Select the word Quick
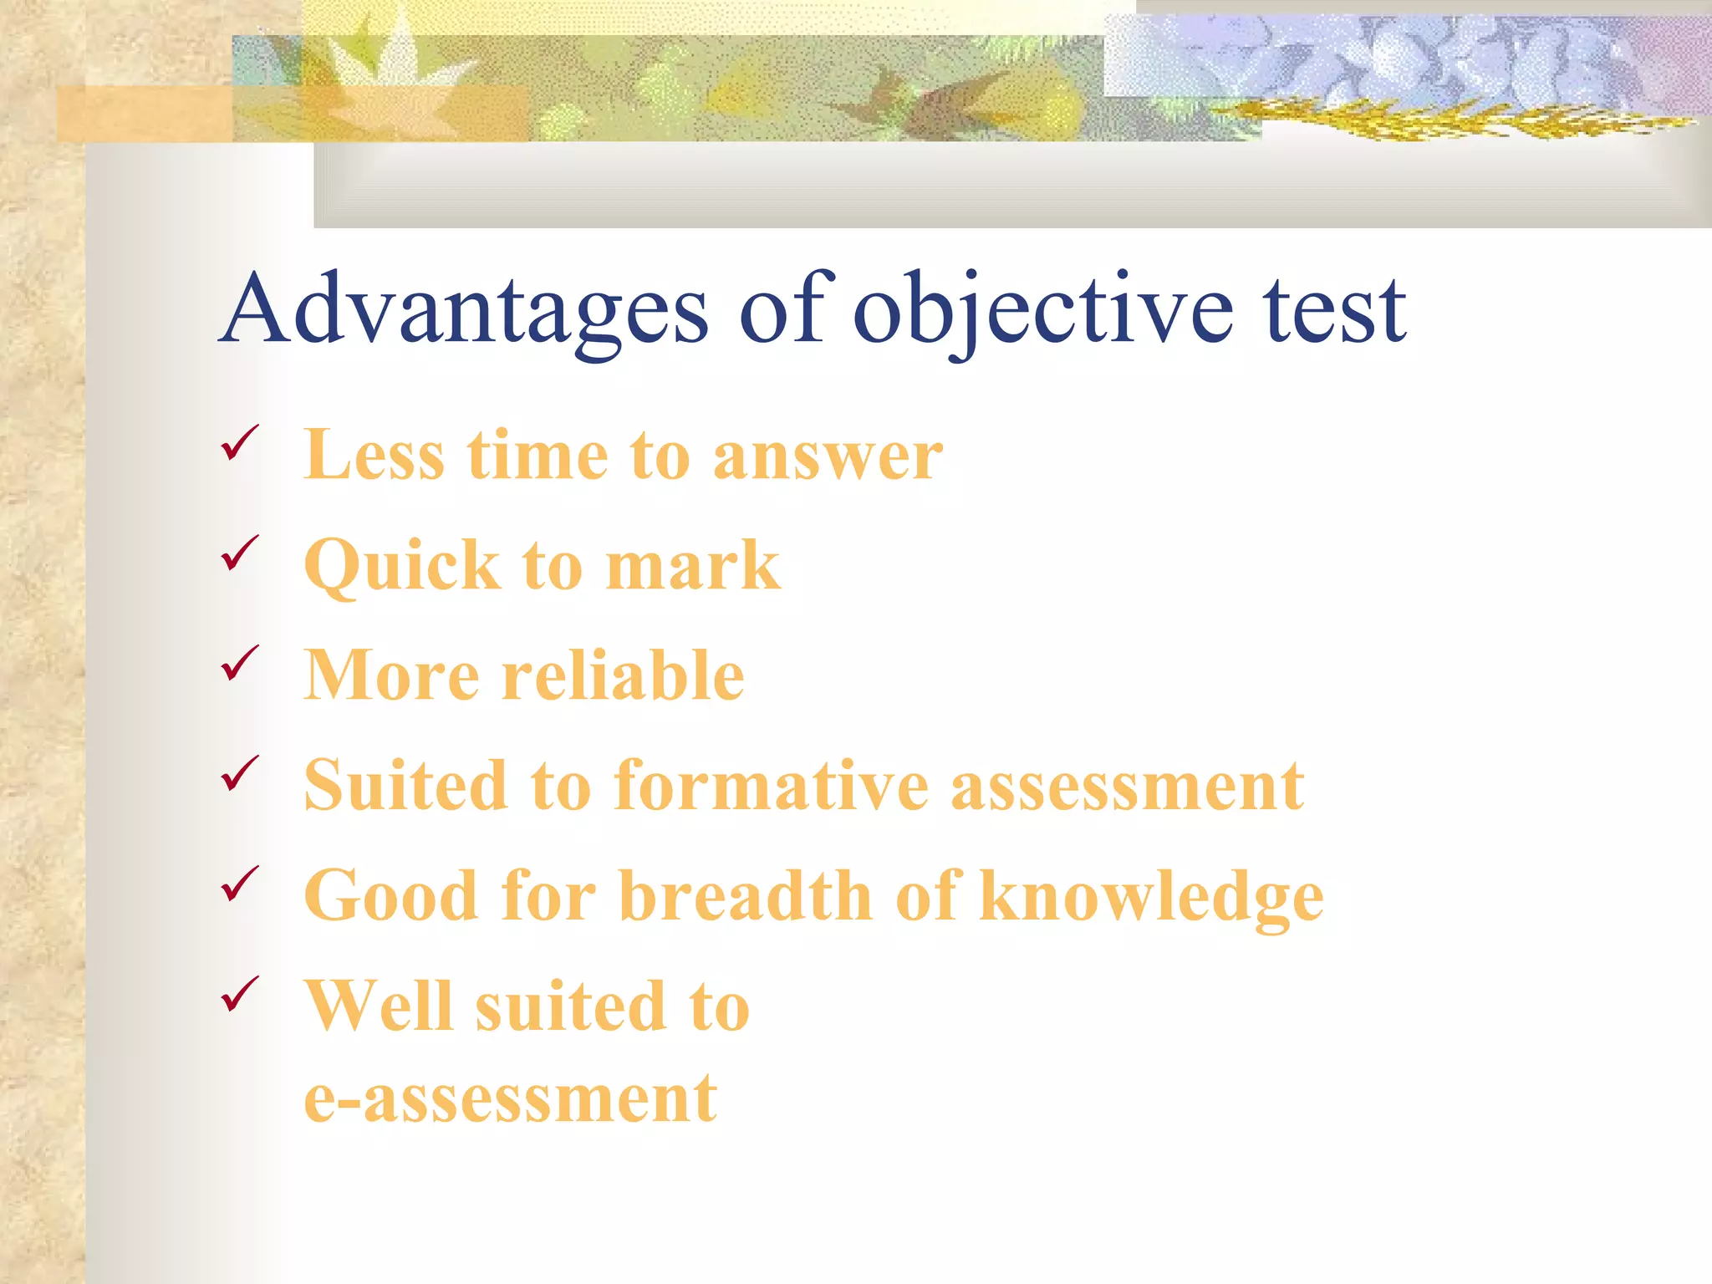tap(401, 567)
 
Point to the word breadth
tap(746, 896)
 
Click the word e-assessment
tap(510, 1098)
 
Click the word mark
tap(692, 567)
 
